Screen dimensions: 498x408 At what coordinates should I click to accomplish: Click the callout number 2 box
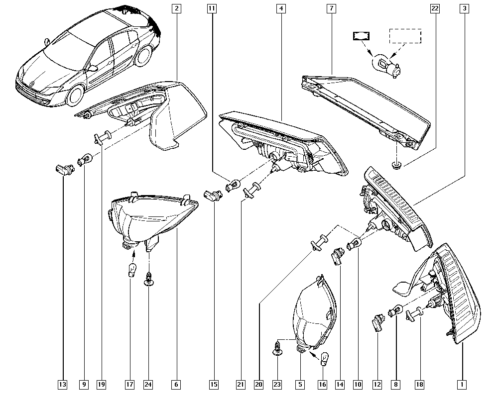pos(176,8)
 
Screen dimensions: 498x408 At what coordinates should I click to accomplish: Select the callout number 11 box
pos(212,8)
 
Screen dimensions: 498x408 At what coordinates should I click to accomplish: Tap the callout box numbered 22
pos(435,8)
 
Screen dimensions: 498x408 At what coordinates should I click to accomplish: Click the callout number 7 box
pos(331,8)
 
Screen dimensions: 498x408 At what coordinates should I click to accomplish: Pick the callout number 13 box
pos(63,385)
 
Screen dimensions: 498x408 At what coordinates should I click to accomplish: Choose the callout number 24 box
pos(148,385)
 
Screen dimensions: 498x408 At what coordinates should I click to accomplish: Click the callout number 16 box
pos(322,385)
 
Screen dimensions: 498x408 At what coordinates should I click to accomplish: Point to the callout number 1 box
pos(462,385)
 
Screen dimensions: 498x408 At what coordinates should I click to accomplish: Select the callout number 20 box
pos(259,385)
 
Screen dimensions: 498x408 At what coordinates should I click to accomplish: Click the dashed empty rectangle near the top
pos(405,36)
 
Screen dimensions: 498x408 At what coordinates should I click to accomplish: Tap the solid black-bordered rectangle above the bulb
pos(361,36)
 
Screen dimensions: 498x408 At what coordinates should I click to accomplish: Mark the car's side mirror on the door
pos(93,68)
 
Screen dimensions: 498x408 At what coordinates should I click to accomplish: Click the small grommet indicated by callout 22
pos(395,165)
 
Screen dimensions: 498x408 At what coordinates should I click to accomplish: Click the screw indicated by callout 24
pos(148,278)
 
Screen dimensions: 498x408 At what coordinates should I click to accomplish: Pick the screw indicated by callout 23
pos(277,348)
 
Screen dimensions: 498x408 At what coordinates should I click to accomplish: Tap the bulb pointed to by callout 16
pos(324,359)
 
